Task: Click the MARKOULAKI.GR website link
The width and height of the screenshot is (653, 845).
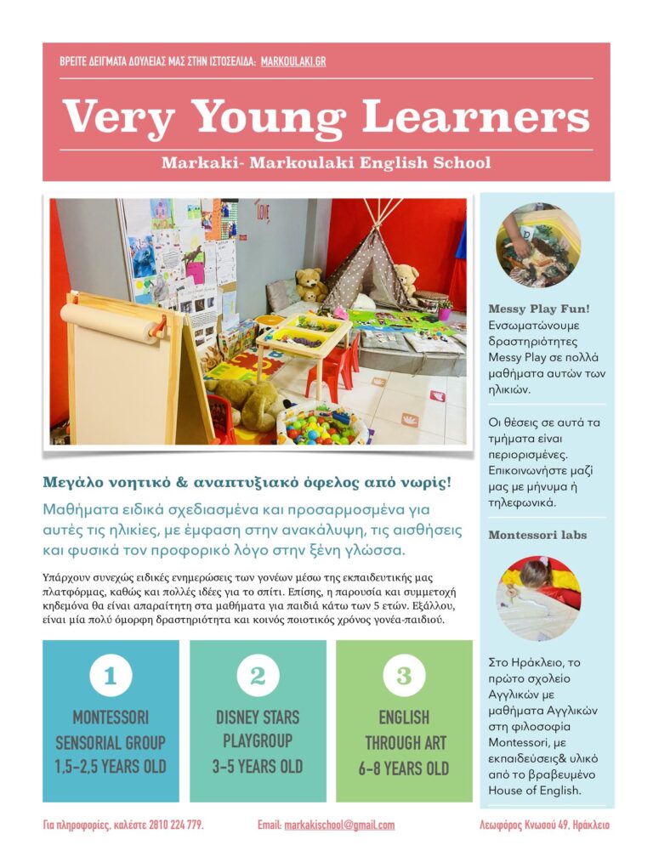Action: coord(293,62)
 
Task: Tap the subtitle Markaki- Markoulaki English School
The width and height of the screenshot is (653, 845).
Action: coord(326,162)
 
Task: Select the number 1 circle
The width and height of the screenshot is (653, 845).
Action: coord(111,676)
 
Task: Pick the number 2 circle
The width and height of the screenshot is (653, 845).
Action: coord(258,676)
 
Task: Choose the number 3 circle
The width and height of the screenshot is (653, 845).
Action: coord(404,676)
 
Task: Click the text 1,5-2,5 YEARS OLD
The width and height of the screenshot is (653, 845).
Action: coord(111,767)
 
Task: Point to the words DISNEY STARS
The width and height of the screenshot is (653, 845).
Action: coord(258,717)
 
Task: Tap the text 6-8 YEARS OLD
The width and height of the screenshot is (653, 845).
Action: coord(404,768)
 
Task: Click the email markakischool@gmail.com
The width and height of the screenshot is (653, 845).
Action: coord(338,825)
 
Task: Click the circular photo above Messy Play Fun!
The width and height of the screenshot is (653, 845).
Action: coord(537,245)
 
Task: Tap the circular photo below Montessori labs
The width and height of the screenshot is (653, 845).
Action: coord(537,598)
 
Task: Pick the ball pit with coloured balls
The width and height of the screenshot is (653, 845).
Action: coord(321,422)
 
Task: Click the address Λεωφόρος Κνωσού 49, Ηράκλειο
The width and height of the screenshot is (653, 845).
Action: coord(545,825)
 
